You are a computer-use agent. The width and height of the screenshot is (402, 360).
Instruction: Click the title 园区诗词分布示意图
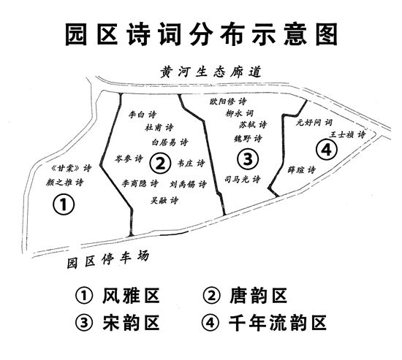click(x=201, y=34)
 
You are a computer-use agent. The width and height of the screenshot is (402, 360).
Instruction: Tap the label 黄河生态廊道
click(x=211, y=72)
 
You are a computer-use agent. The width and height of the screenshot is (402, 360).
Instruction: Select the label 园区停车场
click(x=108, y=259)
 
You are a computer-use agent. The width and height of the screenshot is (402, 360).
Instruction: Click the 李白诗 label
click(x=143, y=114)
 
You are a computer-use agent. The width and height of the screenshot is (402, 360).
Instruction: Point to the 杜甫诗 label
click(x=159, y=127)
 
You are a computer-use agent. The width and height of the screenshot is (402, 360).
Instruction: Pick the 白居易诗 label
click(x=170, y=142)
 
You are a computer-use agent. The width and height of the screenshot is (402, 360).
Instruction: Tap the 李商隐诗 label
click(x=140, y=183)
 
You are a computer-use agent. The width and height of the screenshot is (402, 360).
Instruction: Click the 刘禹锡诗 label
click(x=188, y=184)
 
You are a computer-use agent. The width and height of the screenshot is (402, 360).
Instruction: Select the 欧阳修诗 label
click(x=228, y=102)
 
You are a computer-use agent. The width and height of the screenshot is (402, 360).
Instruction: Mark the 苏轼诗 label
click(x=253, y=125)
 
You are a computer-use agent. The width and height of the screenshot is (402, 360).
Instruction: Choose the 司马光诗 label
click(x=243, y=179)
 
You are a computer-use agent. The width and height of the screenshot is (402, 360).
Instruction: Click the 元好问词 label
click(x=314, y=123)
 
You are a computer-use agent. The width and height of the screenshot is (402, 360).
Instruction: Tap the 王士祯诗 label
click(x=347, y=134)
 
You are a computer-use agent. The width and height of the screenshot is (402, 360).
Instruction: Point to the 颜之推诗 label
click(x=65, y=183)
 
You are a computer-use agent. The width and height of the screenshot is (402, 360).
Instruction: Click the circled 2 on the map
click(x=160, y=164)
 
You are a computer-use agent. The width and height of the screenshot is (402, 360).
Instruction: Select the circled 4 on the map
click(x=327, y=149)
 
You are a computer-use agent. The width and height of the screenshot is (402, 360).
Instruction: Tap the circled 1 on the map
click(x=64, y=204)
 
